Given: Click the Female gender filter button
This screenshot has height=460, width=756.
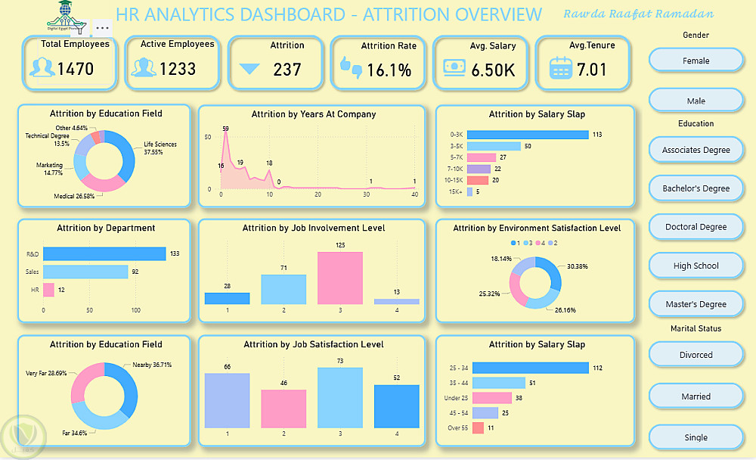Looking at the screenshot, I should pyautogui.click(x=696, y=61).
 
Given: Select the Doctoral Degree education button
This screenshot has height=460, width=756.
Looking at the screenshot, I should pyautogui.click(x=696, y=227).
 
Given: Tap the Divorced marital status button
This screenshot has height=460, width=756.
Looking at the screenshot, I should pyautogui.click(x=696, y=355).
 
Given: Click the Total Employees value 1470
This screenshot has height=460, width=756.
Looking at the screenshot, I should pyautogui.click(x=76, y=70).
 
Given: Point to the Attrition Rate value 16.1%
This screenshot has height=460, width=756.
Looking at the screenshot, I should pyautogui.click(x=389, y=70).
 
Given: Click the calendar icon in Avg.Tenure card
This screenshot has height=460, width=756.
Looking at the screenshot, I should pyautogui.click(x=560, y=69).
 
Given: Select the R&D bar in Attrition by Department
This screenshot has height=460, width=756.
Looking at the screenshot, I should pyautogui.click(x=104, y=254).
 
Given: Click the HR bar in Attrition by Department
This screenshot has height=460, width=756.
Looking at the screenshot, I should pyautogui.click(x=48, y=290).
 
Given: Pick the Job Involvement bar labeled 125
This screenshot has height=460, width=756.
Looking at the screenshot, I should pyautogui.click(x=340, y=278).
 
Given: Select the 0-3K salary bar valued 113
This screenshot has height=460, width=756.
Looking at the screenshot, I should pyautogui.click(x=528, y=135).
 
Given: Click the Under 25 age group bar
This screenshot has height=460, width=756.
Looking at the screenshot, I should pyautogui.click(x=492, y=398).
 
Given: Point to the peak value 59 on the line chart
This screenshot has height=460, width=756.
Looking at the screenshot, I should pyautogui.click(x=225, y=129).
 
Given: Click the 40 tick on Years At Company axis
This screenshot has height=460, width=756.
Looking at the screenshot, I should pyautogui.click(x=414, y=195).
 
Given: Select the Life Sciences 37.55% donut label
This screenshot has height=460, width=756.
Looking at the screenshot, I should pyautogui.click(x=160, y=148).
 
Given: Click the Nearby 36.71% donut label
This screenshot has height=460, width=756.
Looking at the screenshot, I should pyautogui.click(x=152, y=365).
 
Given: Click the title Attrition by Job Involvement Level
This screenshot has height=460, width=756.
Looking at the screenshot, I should pyautogui.click(x=314, y=228).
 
